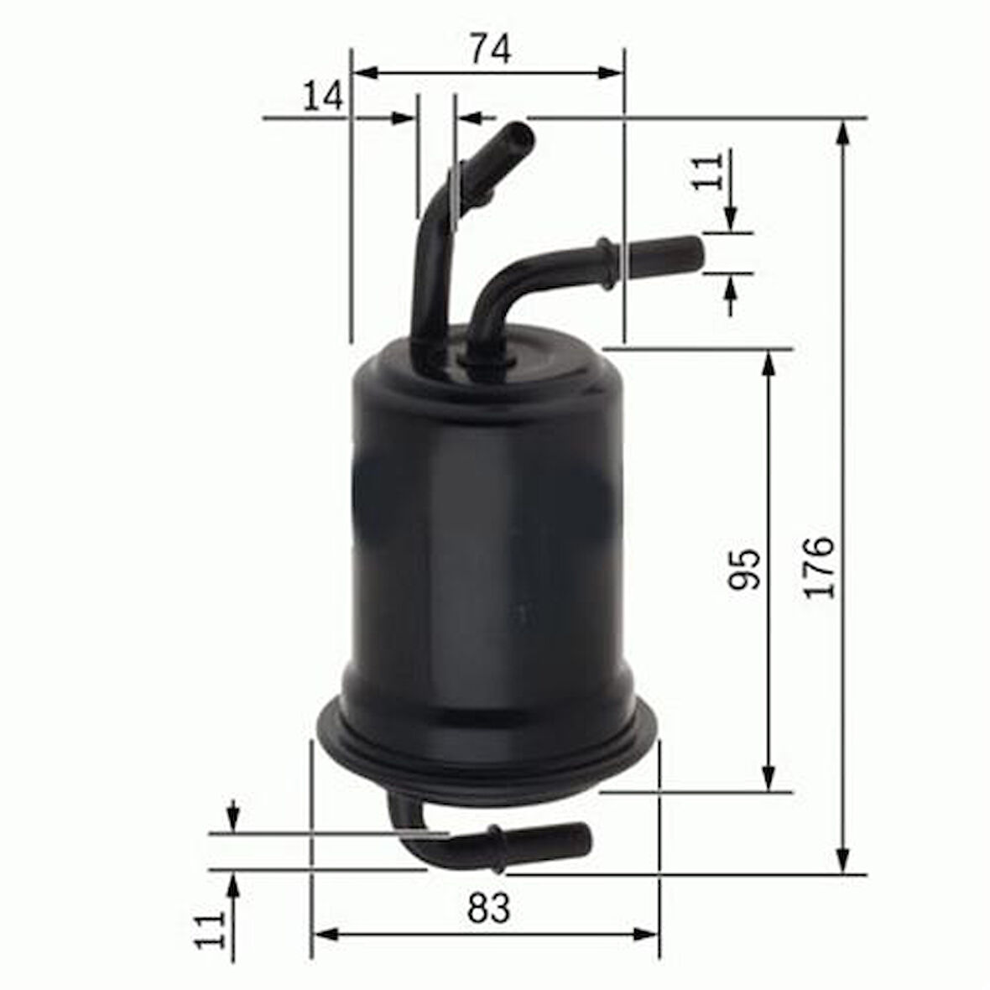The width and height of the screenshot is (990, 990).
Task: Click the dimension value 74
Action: point(489,49)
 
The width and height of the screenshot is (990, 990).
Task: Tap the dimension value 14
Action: point(323,96)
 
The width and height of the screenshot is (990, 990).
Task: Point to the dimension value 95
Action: point(744,569)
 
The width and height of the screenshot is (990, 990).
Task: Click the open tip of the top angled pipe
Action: point(520,134)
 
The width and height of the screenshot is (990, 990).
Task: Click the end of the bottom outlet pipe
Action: point(583,838)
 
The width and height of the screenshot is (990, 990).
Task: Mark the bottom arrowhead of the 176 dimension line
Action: point(843,862)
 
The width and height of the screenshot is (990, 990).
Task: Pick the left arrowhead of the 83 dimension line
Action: point(324,934)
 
